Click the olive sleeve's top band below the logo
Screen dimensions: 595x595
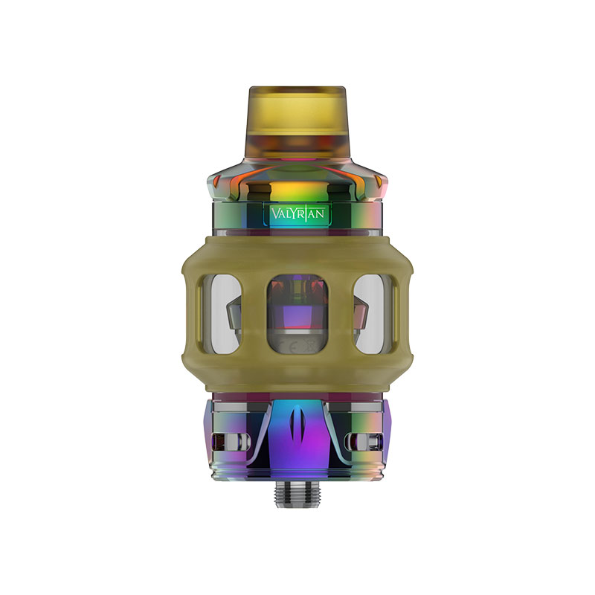coord(297,249)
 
